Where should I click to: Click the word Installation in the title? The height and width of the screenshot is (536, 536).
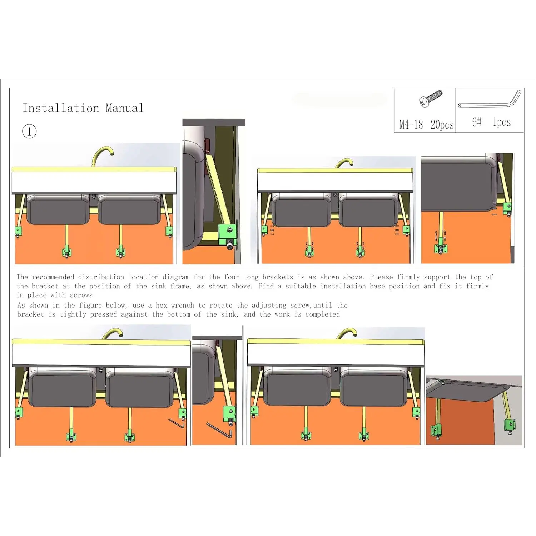point(61,108)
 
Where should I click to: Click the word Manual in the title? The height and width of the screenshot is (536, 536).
point(124,108)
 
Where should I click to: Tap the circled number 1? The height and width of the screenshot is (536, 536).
point(29,131)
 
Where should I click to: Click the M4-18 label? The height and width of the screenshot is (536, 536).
point(411,125)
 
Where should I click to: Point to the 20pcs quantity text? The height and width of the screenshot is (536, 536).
point(442,125)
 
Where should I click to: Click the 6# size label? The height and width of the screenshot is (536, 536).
point(477,122)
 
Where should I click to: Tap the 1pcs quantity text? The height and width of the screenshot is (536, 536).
point(502,122)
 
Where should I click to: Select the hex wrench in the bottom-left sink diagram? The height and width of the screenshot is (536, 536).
point(177,423)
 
